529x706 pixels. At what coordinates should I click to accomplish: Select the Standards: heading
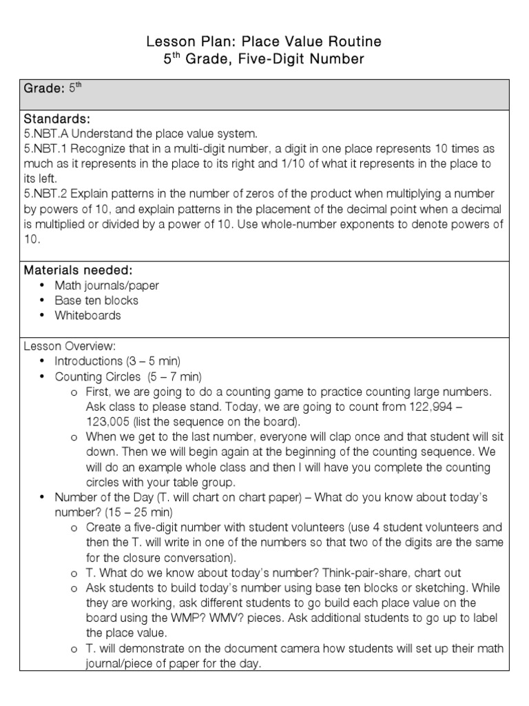(57, 120)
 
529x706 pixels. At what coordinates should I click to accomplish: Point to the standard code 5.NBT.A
(49, 134)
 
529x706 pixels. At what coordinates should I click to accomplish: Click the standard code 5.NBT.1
(48, 149)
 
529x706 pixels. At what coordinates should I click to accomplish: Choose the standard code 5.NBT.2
(48, 194)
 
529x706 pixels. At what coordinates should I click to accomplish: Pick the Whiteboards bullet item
(87, 315)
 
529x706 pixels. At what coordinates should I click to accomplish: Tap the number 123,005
(110, 422)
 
